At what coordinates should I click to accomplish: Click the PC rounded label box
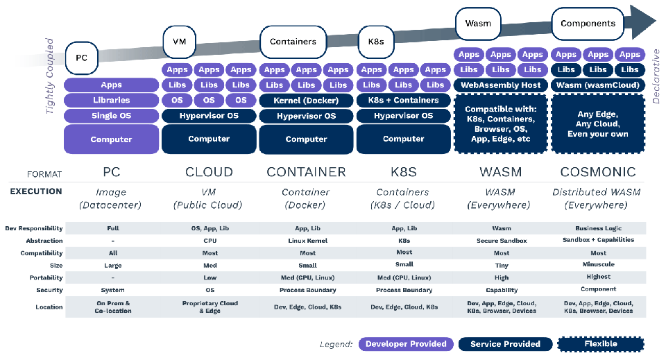click(x=80, y=59)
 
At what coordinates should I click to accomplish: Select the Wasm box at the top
click(x=478, y=24)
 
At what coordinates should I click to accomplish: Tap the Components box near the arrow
click(x=588, y=24)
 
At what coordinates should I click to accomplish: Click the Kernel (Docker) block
click(x=306, y=101)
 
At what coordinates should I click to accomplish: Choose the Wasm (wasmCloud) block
click(x=598, y=85)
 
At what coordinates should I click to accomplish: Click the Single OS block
click(x=111, y=115)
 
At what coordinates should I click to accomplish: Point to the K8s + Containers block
click(x=403, y=101)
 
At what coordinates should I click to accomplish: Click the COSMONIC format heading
click(x=598, y=172)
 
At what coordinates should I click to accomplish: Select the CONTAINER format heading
click(x=306, y=172)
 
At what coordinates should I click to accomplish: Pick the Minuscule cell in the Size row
click(x=598, y=265)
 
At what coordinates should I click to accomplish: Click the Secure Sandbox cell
click(x=501, y=241)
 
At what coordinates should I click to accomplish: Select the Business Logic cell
click(x=598, y=228)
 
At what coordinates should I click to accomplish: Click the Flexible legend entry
click(x=600, y=344)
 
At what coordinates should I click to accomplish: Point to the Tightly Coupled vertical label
click(x=50, y=81)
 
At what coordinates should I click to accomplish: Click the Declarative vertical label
click(x=656, y=76)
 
